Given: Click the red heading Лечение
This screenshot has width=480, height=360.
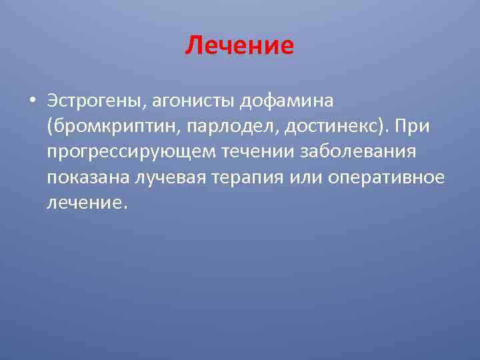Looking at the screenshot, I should [240, 46].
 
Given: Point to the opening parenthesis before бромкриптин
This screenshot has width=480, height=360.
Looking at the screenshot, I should [51, 127].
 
